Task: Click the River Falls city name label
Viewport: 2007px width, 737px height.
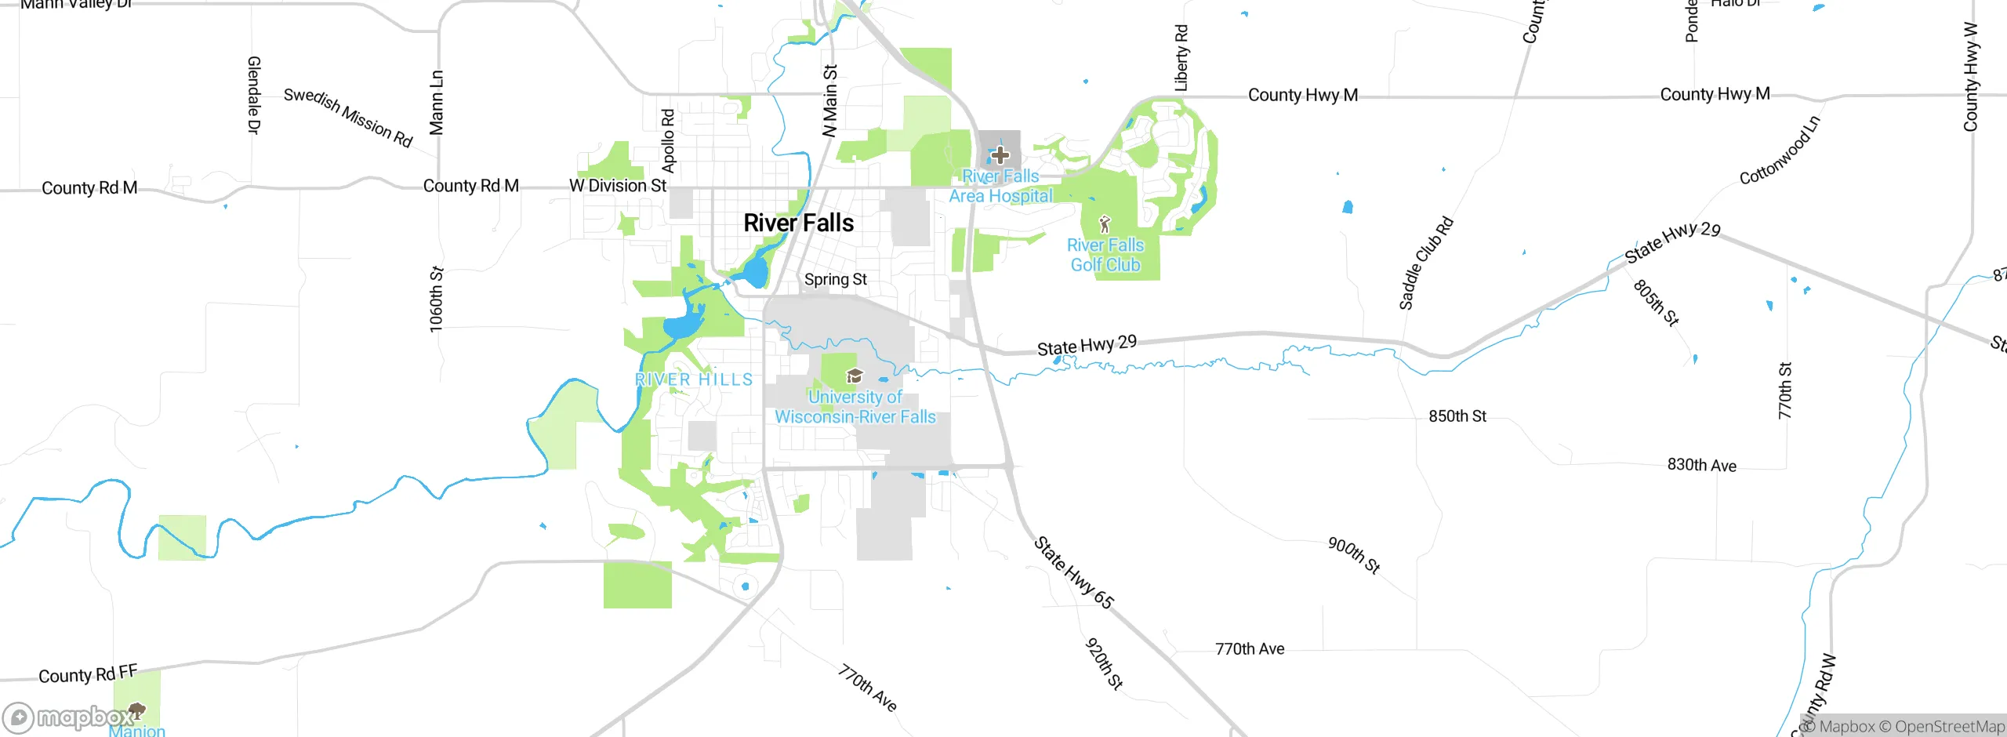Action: [x=798, y=223]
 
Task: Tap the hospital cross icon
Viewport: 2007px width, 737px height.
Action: [x=1000, y=154]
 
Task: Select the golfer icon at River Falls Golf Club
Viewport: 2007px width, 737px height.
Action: [x=1105, y=224]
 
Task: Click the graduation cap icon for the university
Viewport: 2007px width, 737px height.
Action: [x=855, y=376]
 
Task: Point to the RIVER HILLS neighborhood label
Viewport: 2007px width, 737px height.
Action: [x=694, y=379]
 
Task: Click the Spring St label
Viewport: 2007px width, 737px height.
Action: [x=835, y=279]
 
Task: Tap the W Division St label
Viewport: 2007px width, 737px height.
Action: [x=618, y=186]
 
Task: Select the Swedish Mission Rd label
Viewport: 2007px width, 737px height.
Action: [x=347, y=118]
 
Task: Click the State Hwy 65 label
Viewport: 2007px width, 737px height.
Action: [x=1073, y=572]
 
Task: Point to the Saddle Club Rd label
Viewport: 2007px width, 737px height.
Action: [x=1426, y=263]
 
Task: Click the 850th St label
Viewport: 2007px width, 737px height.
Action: [x=1457, y=416]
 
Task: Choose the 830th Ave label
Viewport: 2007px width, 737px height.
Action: [x=1701, y=465]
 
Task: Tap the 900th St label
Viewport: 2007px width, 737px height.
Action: [x=1353, y=555]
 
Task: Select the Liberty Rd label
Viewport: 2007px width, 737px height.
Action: [x=1181, y=58]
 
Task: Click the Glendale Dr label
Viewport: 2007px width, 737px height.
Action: [x=253, y=95]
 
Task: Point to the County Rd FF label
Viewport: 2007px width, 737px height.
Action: [x=88, y=673]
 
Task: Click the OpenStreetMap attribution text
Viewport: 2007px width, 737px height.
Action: [x=1949, y=727]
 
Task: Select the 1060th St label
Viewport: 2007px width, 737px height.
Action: [x=437, y=300]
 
